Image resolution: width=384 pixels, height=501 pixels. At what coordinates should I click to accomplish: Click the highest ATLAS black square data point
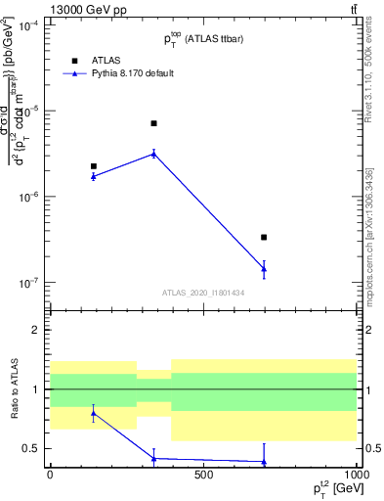(154, 123)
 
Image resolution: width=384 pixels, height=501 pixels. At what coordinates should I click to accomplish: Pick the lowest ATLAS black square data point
(264, 237)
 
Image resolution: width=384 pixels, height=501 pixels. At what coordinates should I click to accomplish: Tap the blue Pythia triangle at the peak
(154, 153)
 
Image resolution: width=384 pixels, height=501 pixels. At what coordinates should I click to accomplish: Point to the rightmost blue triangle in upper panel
(264, 268)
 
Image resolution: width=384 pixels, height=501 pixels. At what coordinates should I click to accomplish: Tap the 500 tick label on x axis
(203, 477)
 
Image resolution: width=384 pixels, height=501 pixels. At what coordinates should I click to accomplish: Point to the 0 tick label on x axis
(50, 477)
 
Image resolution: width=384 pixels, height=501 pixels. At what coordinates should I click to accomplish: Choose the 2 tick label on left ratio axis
(38, 330)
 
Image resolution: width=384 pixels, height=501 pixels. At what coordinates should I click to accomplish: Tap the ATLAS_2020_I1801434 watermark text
(203, 293)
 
